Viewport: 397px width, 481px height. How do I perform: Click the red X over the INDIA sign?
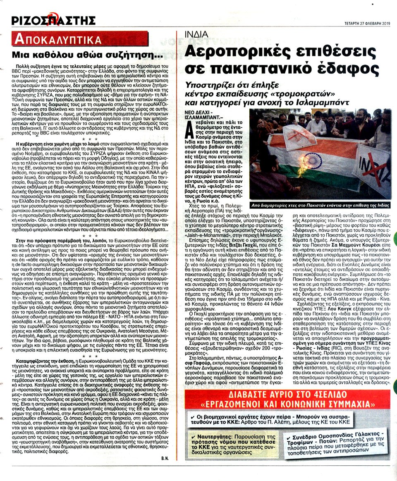(372, 158)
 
